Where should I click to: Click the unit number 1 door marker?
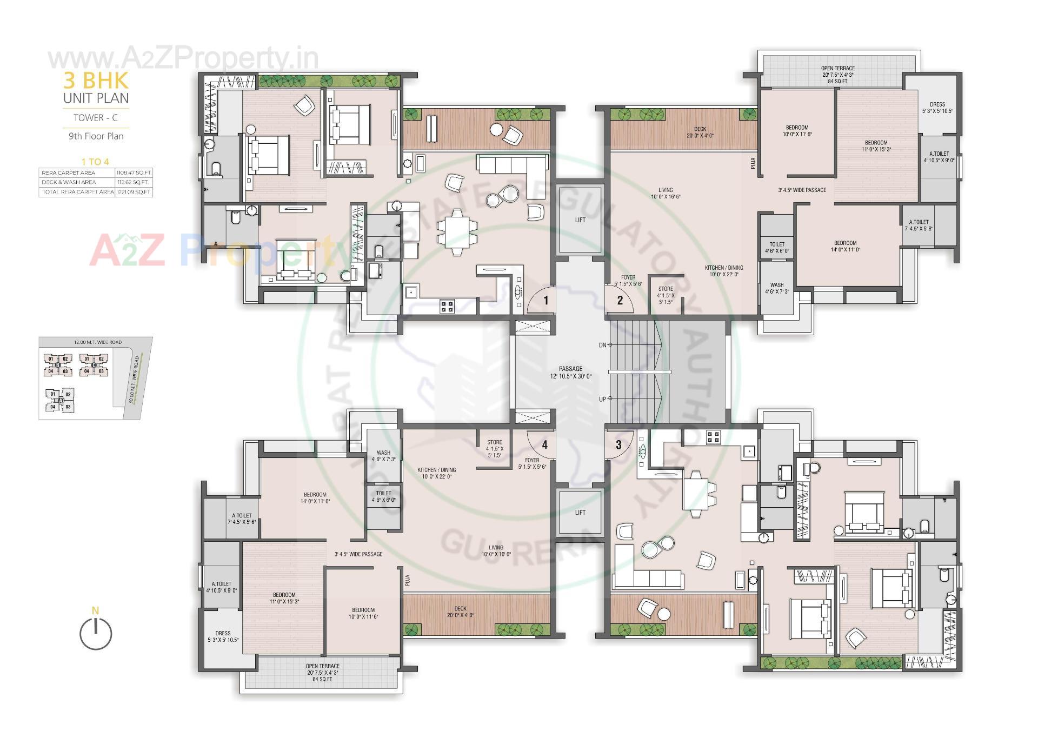[546, 300]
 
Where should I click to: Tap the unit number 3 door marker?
[618, 444]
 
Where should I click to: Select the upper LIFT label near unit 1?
[580, 220]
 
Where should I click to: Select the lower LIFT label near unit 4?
[580, 512]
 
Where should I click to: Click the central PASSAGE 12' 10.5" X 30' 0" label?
[571, 372]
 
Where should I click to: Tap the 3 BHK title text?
[96, 81]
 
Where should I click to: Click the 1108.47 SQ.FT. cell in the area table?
[134, 172]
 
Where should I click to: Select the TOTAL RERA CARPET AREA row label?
[76, 192]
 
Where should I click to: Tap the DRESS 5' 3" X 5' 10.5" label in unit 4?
[223, 636]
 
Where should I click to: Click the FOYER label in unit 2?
[628, 280]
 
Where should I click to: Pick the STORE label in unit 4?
[494, 448]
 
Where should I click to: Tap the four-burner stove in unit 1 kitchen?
[447, 307]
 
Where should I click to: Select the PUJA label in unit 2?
[753, 163]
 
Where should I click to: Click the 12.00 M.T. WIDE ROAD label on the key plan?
[97, 342]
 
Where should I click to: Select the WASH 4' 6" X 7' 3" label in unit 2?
[777, 288]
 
